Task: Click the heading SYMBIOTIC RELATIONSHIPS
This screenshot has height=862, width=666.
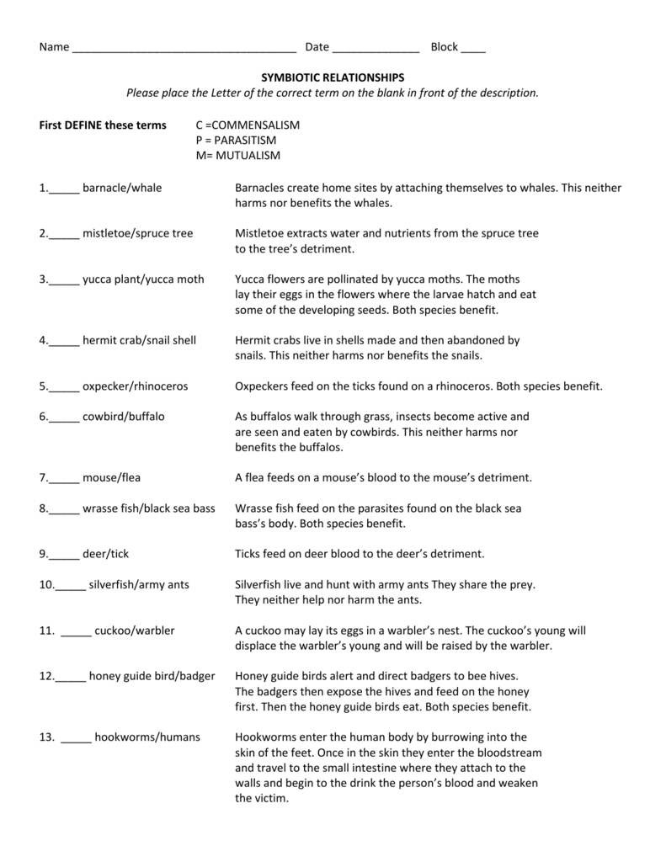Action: coord(332,77)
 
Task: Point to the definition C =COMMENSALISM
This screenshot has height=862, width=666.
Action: coord(248,125)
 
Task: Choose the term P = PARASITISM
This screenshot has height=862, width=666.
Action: coord(236,140)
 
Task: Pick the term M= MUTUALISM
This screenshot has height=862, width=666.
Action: coord(238,156)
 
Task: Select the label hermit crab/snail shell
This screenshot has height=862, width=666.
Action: coord(139,340)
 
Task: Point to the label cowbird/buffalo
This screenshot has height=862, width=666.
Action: coord(124,416)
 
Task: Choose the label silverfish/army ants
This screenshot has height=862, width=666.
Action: coord(138,583)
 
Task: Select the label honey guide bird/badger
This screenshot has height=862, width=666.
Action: coord(152,675)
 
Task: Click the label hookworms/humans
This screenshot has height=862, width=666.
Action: coord(147,737)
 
